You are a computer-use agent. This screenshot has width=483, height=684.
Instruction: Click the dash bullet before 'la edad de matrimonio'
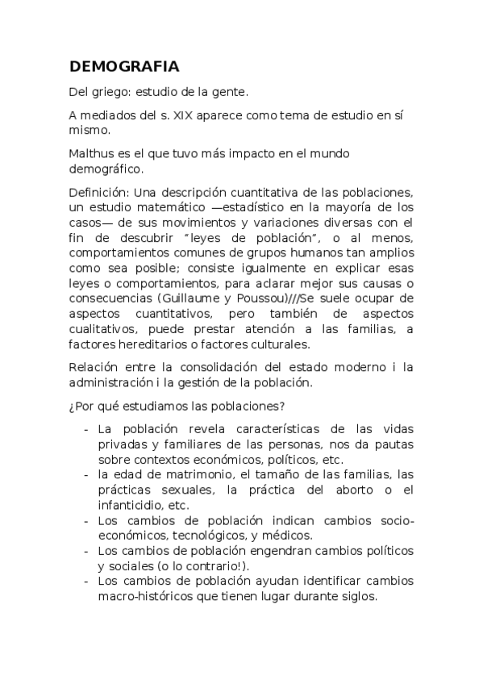pos(85,475)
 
